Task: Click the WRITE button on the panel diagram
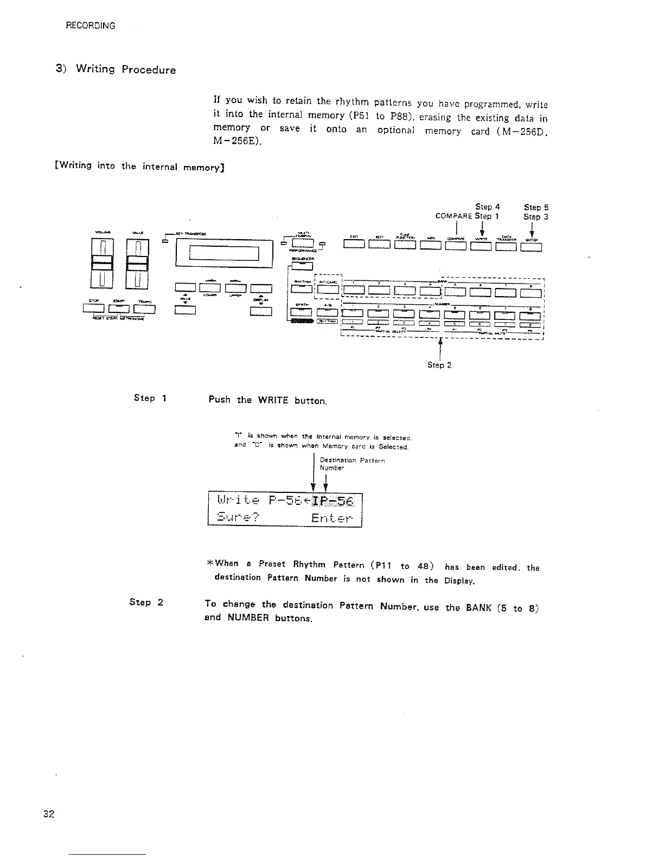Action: (481, 248)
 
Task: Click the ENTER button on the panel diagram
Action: (531, 248)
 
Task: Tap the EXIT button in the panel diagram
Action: (354, 248)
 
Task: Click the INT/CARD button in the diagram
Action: (328, 292)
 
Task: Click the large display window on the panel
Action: (224, 253)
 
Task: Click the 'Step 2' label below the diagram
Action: (439, 365)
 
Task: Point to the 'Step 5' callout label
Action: (537, 207)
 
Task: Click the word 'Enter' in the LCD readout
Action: (332, 518)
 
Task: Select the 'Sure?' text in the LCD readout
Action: (238, 518)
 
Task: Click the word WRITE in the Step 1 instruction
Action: (272, 401)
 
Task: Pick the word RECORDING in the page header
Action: (90, 25)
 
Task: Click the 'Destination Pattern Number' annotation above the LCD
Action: (352, 464)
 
